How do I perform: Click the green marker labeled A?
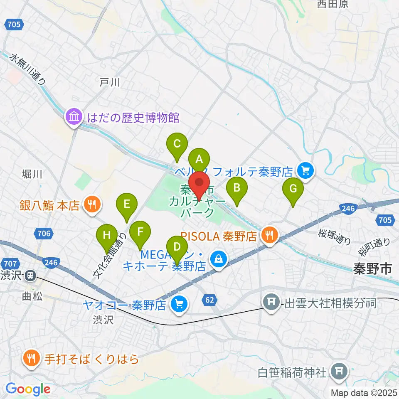199,159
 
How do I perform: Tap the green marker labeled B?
236,187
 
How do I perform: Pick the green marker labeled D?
177,247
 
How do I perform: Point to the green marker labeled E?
127,204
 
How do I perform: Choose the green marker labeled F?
140,231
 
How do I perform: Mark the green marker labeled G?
293,189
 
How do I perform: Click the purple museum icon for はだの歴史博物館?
74,118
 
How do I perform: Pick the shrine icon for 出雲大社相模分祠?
271,302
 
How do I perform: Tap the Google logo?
28,389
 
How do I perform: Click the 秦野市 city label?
373,269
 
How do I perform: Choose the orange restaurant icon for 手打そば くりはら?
32,359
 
